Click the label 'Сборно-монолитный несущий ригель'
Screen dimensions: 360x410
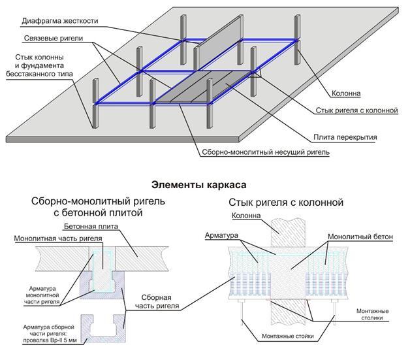click(260, 152)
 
